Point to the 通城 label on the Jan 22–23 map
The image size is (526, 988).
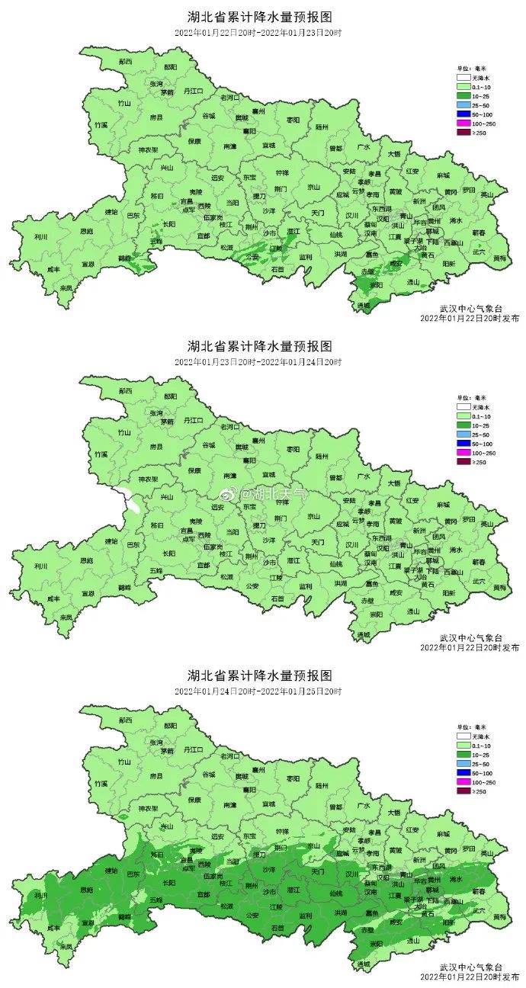(363, 304)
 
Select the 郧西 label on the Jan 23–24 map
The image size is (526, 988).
(125, 390)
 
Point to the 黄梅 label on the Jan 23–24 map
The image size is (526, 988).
(499, 587)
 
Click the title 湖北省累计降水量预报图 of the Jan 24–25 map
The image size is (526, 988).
(260, 675)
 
